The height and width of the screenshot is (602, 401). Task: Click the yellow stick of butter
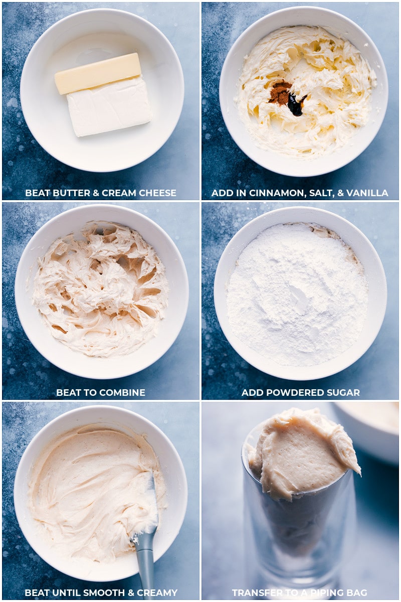(98, 73)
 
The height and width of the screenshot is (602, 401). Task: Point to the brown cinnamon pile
(280, 93)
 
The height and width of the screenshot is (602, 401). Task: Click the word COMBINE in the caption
(123, 393)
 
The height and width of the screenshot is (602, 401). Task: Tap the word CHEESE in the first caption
(157, 193)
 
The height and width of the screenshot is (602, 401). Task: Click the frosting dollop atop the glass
(301, 452)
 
